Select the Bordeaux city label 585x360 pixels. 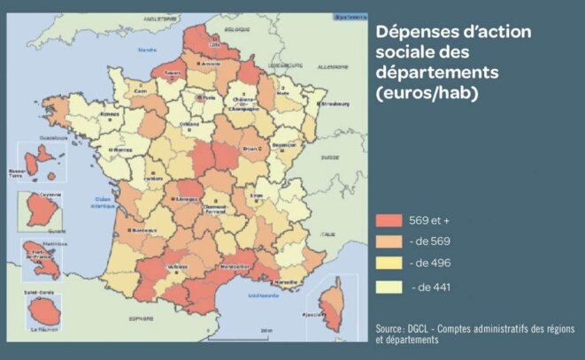click(138, 232)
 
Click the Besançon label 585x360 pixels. click(284, 143)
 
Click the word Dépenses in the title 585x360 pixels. click(415, 33)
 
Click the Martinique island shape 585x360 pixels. click(39, 261)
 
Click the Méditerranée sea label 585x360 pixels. click(264, 295)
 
